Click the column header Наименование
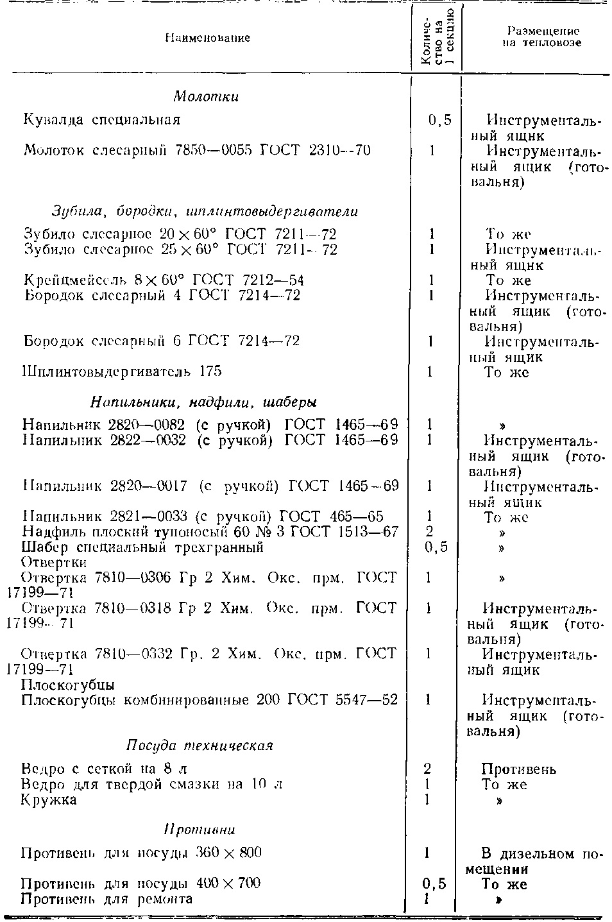tap(207, 38)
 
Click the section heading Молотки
tap(206, 97)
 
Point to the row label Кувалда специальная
tap(102, 119)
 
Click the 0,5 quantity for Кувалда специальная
tap(439, 120)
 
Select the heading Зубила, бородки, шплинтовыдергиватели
tap(205, 211)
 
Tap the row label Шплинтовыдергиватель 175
tap(123, 371)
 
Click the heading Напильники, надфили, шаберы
tap(204, 402)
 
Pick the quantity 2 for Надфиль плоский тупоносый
tap(429, 532)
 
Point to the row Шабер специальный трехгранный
tap(142, 547)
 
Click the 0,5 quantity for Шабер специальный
tap(436, 547)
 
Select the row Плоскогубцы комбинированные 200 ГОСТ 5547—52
tap(209, 699)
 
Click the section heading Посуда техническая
tap(199, 746)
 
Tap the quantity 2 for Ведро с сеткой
tap(427, 769)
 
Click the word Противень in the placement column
tap(519, 769)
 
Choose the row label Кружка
tap(49, 800)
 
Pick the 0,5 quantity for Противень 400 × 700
tap(434, 884)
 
